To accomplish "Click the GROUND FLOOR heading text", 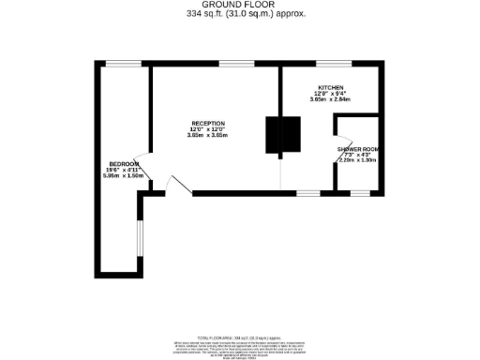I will tap(239, 5).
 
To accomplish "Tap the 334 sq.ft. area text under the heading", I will tap(239, 14).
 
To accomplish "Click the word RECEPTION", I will tap(207, 123).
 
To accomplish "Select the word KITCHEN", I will tap(331, 87).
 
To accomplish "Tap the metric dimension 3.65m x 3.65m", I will tap(207, 136).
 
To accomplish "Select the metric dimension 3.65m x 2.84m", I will tap(331, 99).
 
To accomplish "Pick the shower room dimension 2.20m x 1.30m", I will tap(357, 160).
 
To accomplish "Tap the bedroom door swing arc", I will tap(141, 161).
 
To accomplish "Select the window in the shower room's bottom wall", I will tap(360, 193).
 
